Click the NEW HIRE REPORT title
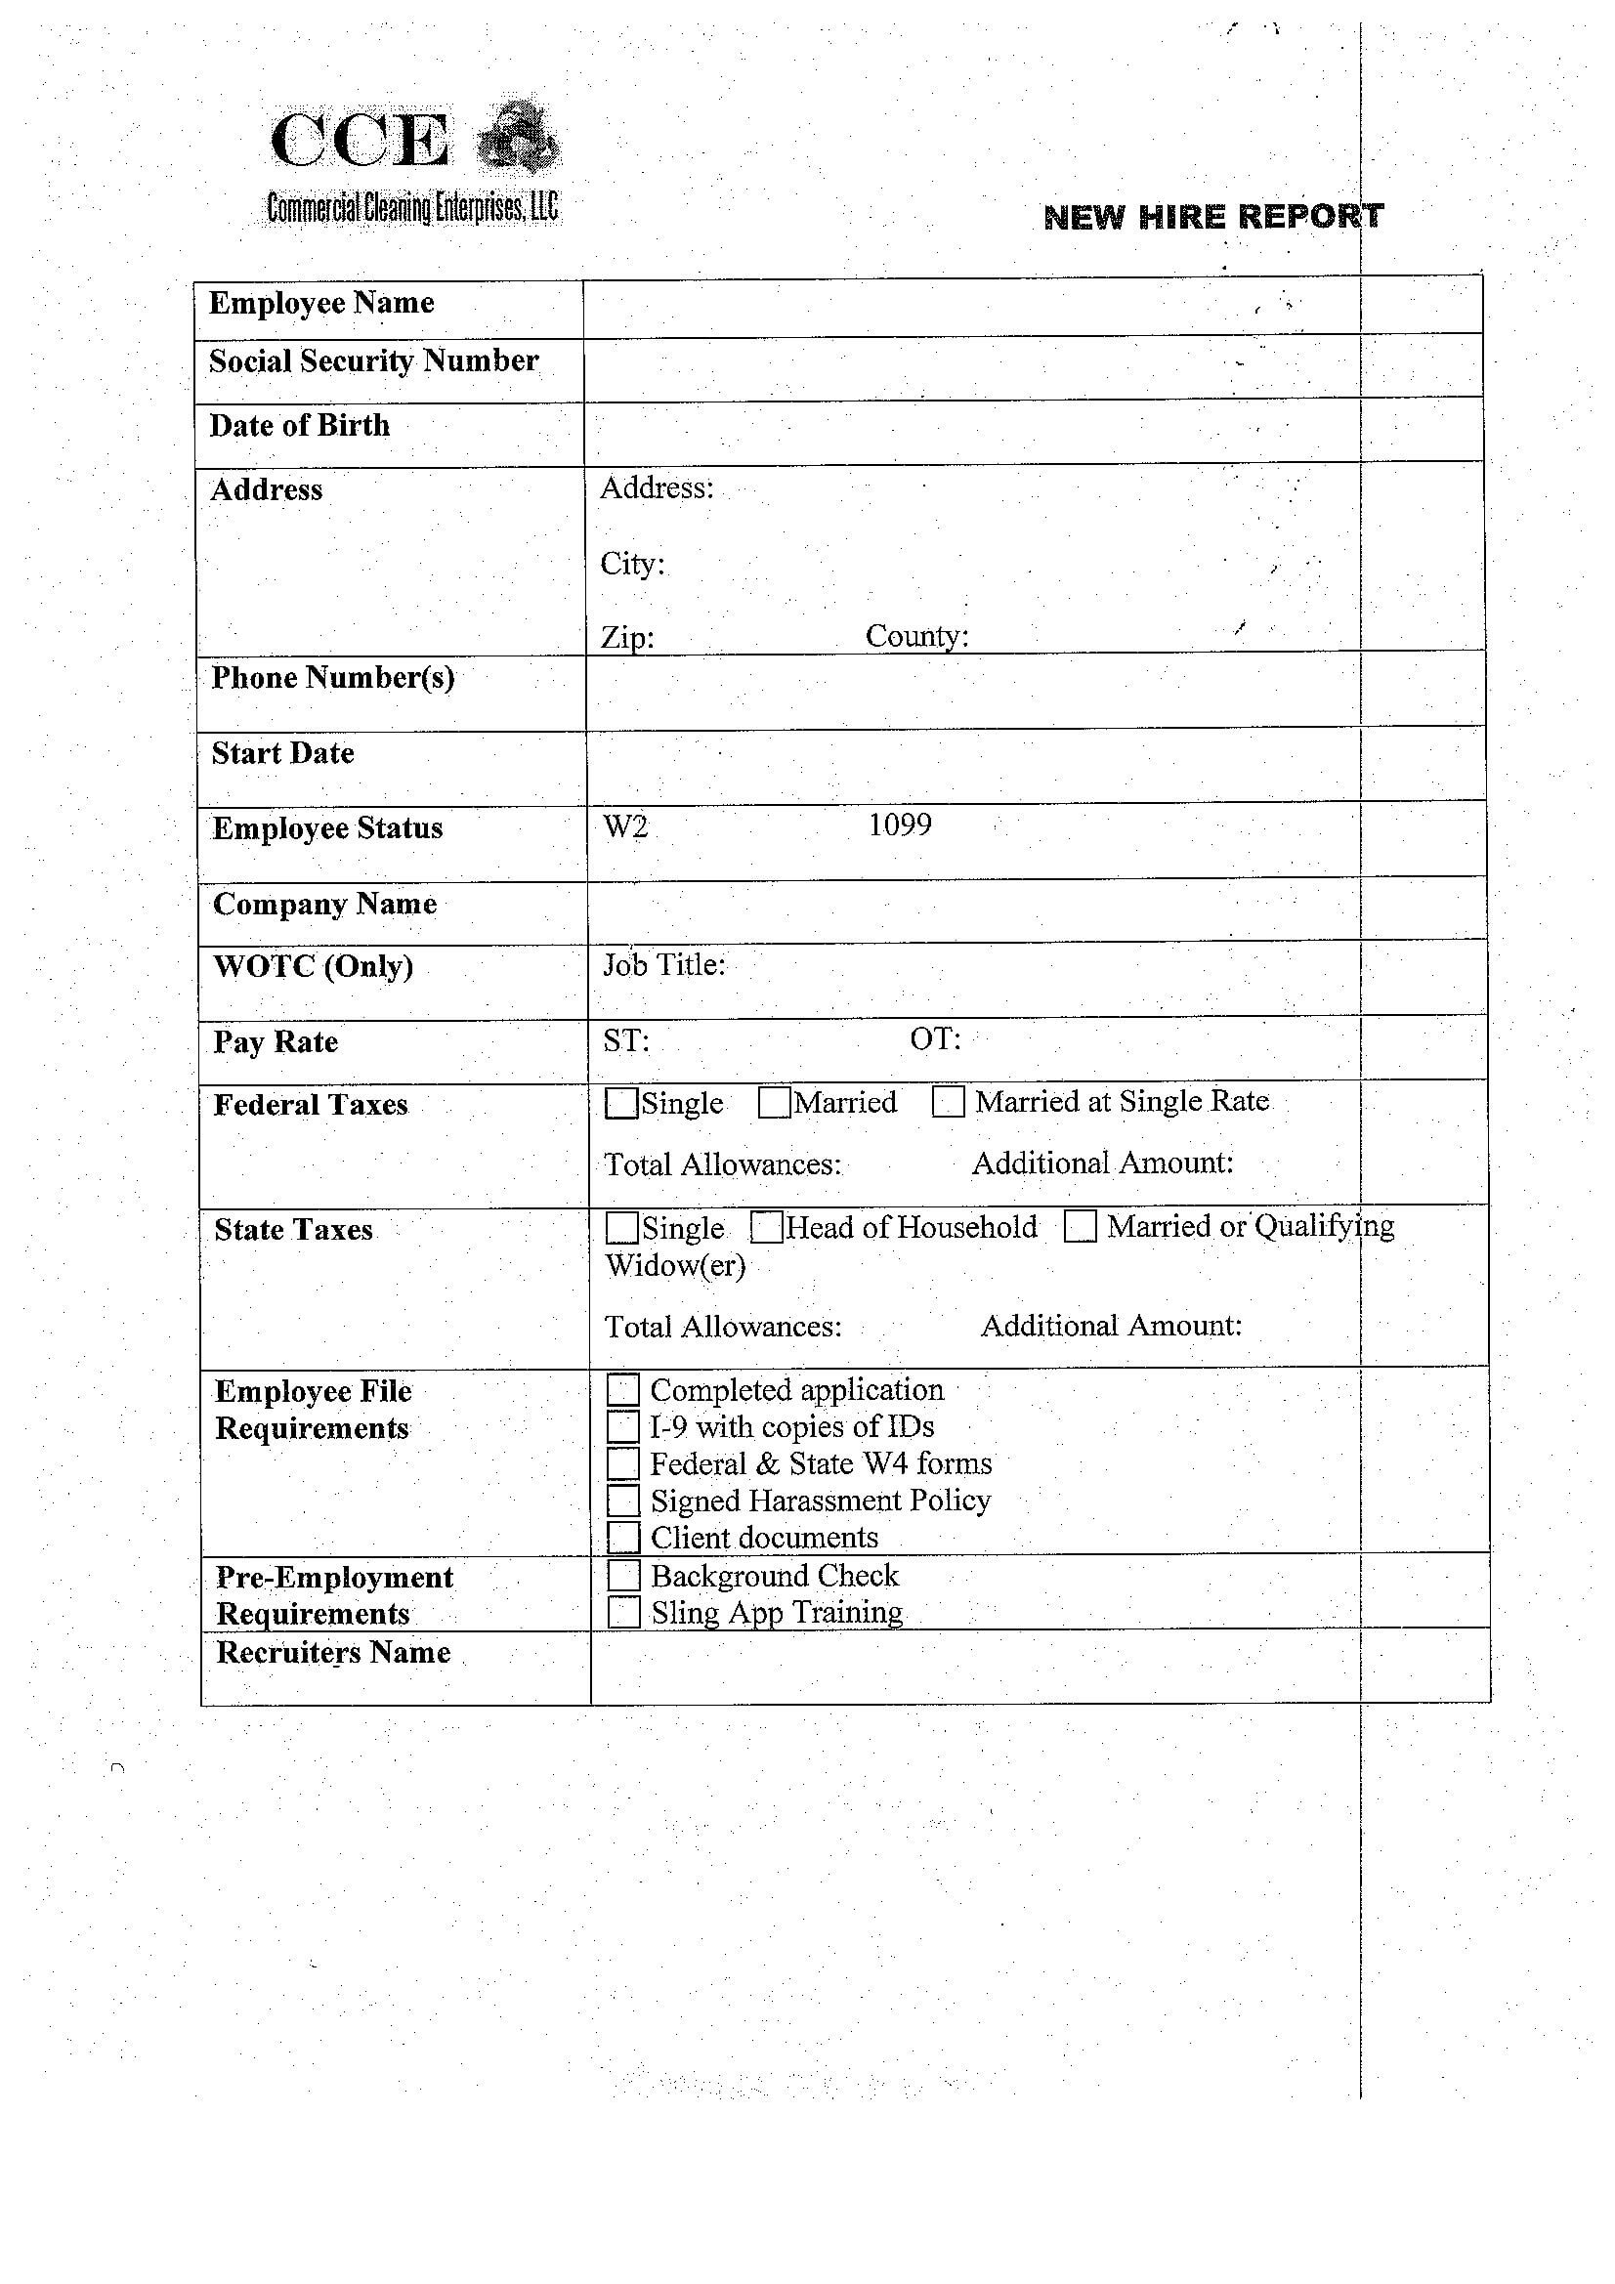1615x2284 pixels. (x=1212, y=216)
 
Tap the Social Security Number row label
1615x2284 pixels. (x=373, y=360)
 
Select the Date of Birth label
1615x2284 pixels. (x=300, y=425)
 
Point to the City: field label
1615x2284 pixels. (x=632, y=564)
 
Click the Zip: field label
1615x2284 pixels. (x=627, y=637)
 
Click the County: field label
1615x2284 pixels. (x=916, y=636)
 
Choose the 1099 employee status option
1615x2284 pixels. (x=900, y=825)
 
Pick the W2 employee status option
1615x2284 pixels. (x=625, y=825)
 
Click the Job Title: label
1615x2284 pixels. (x=663, y=964)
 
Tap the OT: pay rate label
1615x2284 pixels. (x=934, y=1039)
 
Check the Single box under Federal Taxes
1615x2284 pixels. (x=621, y=1103)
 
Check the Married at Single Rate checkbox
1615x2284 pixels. (x=949, y=1102)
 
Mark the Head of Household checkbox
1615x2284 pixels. (x=766, y=1228)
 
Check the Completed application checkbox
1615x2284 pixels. (x=623, y=1390)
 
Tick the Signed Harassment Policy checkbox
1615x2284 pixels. (x=623, y=1501)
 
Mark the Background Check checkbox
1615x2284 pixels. (x=624, y=1576)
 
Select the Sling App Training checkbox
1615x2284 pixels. (x=624, y=1613)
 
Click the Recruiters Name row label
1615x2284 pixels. (x=333, y=1652)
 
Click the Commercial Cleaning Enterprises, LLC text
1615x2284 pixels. (x=412, y=208)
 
